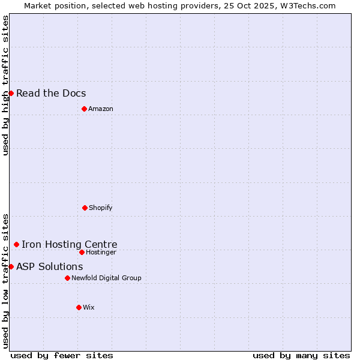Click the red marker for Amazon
pyautogui.click(x=84, y=109)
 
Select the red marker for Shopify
pyautogui.click(x=85, y=208)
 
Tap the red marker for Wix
pyautogui.click(x=79, y=307)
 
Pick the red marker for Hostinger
pyautogui.click(x=82, y=252)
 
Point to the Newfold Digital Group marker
pyautogui.click(x=67, y=278)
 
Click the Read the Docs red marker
pyautogui.click(x=11, y=93)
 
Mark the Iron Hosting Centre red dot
pyautogui.click(x=16, y=244)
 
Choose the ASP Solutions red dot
pyautogui.click(x=11, y=266)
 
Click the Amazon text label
pyautogui.click(x=101, y=109)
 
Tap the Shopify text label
pyautogui.click(x=101, y=208)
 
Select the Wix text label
pyautogui.click(x=89, y=307)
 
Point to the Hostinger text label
pyautogui.click(x=101, y=252)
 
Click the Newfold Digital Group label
pyautogui.click(x=106, y=278)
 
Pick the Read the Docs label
pyautogui.click(x=51, y=93)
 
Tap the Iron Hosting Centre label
pyautogui.click(x=70, y=244)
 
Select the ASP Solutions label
pyautogui.click(x=50, y=266)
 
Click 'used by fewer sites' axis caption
pyautogui.click(x=62, y=355)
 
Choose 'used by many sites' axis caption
pyautogui.click(x=301, y=355)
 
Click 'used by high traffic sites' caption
pyautogui.click(x=5, y=85)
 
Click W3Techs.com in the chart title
pyautogui.click(x=309, y=5)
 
